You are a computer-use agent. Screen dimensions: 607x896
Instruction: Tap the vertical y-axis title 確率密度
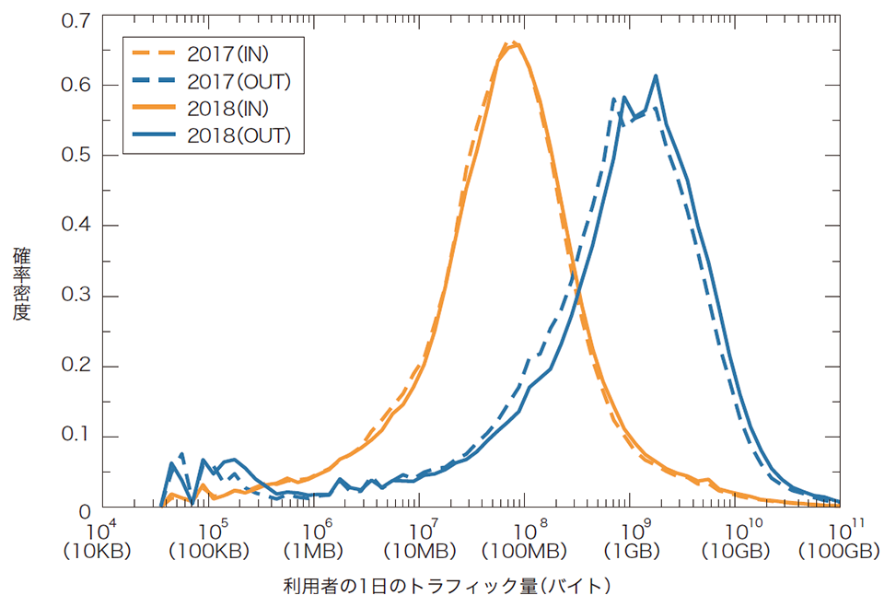[x=22, y=282]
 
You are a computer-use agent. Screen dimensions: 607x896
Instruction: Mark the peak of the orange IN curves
[x=516, y=43]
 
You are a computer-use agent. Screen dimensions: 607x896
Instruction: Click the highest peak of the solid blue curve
[x=656, y=76]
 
